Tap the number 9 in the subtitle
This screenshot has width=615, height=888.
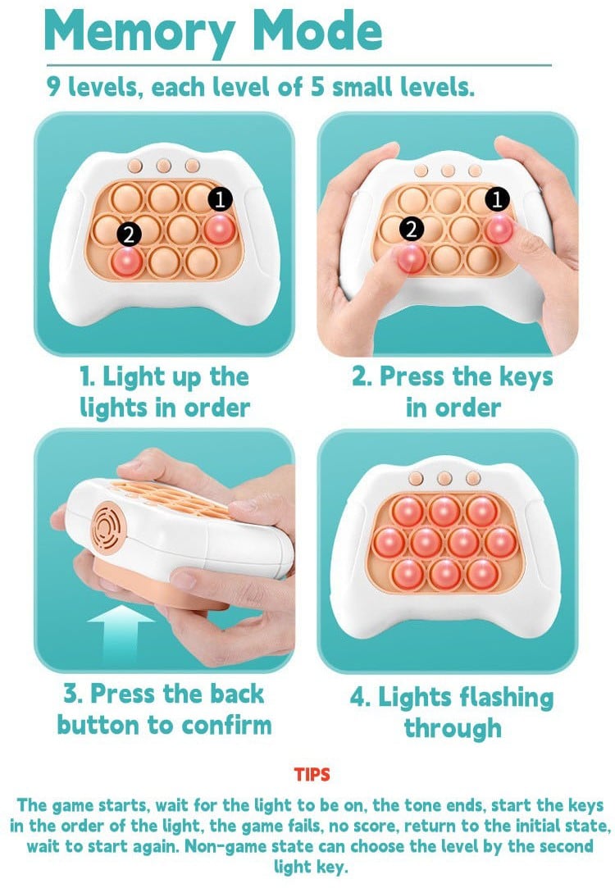pyautogui.click(x=53, y=87)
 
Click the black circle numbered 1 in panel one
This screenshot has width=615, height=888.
pyautogui.click(x=221, y=198)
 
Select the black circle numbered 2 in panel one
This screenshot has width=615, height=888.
pyautogui.click(x=129, y=234)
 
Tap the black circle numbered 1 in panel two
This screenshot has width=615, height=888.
pyautogui.click(x=497, y=198)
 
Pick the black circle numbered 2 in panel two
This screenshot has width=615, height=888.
pyautogui.click(x=412, y=229)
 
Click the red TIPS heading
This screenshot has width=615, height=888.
pyautogui.click(x=312, y=774)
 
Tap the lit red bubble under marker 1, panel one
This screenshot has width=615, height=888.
pyautogui.click(x=219, y=229)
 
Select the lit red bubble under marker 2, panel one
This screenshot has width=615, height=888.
pyautogui.click(x=127, y=261)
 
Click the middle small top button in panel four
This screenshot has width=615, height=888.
pyautogui.click(x=444, y=479)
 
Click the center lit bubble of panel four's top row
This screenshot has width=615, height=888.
pyautogui.click(x=444, y=510)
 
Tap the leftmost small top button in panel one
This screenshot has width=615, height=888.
pyautogui.click(x=134, y=166)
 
